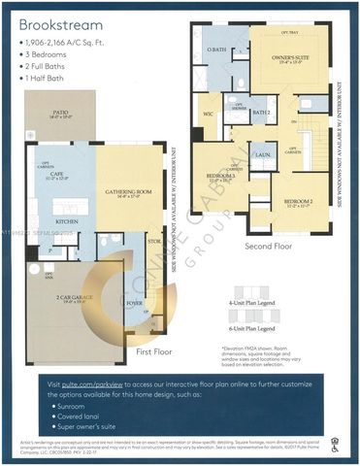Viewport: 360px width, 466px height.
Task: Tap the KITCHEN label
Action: coord(67,221)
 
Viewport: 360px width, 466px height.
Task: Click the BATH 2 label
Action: coord(260,113)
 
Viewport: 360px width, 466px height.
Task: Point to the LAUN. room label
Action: coord(261,154)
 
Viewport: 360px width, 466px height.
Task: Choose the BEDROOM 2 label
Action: coord(291,202)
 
